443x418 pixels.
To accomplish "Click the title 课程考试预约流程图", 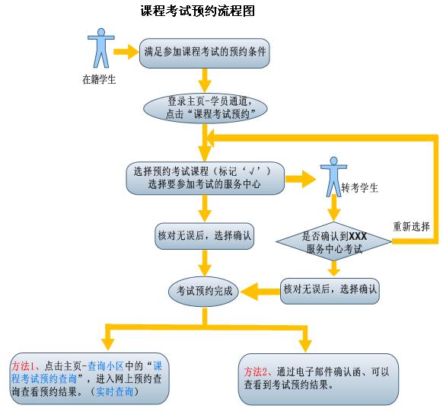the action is pyautogui.click(x=198, y=11).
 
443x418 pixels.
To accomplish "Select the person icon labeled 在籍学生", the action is pyautogui.click(x=101, y=48).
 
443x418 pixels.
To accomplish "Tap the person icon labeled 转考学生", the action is pyautogui.click(x=333, y=177).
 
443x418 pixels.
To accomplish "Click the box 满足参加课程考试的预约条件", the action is pyautogui.click(x=205, y=53).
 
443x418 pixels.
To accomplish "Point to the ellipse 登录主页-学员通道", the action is pyautogui.click(x=206, y=108).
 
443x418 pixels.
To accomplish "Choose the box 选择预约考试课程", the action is pyautogui.click(x=205, y=178).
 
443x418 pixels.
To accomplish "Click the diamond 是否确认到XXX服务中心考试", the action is pyautogui.click(x=334, y=241).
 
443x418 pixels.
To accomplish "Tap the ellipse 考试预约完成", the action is pyautogui.click(x=204, y=292).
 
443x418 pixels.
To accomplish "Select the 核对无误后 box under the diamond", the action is pyautogui.click(x=330, y=291).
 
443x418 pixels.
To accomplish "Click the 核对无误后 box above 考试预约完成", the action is pyautogui.click(x=204, y=236).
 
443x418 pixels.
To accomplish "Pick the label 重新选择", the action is pyautogui.click(x=411, y=227).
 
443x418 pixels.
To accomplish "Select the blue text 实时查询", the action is pyautogui.click(x=115, y=391).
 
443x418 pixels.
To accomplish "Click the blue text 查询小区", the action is pyautogui.click(x=106, y=366).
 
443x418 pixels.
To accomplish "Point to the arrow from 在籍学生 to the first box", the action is pyautogui.click(x=126, y=52).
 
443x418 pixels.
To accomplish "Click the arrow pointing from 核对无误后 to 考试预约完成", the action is pyautogui.click(x=260, y=292).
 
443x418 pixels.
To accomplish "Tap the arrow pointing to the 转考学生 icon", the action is pyautogui.click(x=301, y=179).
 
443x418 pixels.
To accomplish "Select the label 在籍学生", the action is pyautogui.click(x=99, y=79).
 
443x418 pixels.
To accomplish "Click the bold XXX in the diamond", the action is pyautogui.click(x=358, y=236).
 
